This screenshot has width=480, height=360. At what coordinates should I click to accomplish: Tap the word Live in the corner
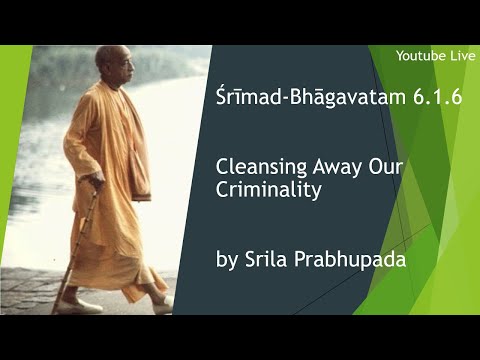pos(456,54)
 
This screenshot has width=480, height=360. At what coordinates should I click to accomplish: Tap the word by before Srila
pos(226,261)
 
